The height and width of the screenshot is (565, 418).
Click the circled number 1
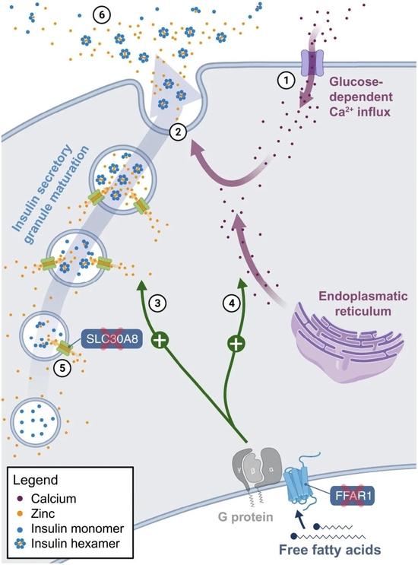click(287, 81)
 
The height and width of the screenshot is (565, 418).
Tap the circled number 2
click(178, 132)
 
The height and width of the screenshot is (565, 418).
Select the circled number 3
click(157, 303)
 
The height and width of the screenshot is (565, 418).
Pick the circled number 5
click(62, 369)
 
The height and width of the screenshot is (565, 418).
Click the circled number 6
click(102, 16)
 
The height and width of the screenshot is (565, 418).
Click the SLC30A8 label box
click(112, 339)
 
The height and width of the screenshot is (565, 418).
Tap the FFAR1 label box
click(353, 495)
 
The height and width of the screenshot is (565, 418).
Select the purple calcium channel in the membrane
click(312, 63)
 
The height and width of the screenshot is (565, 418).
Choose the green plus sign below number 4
click(236, 344)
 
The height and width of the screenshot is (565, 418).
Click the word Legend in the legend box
click(35, 480)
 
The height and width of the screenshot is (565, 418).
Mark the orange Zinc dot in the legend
click(21, 513)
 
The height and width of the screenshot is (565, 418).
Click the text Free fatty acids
click(330, 550)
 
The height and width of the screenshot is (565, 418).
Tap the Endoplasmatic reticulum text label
click(363, 303)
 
